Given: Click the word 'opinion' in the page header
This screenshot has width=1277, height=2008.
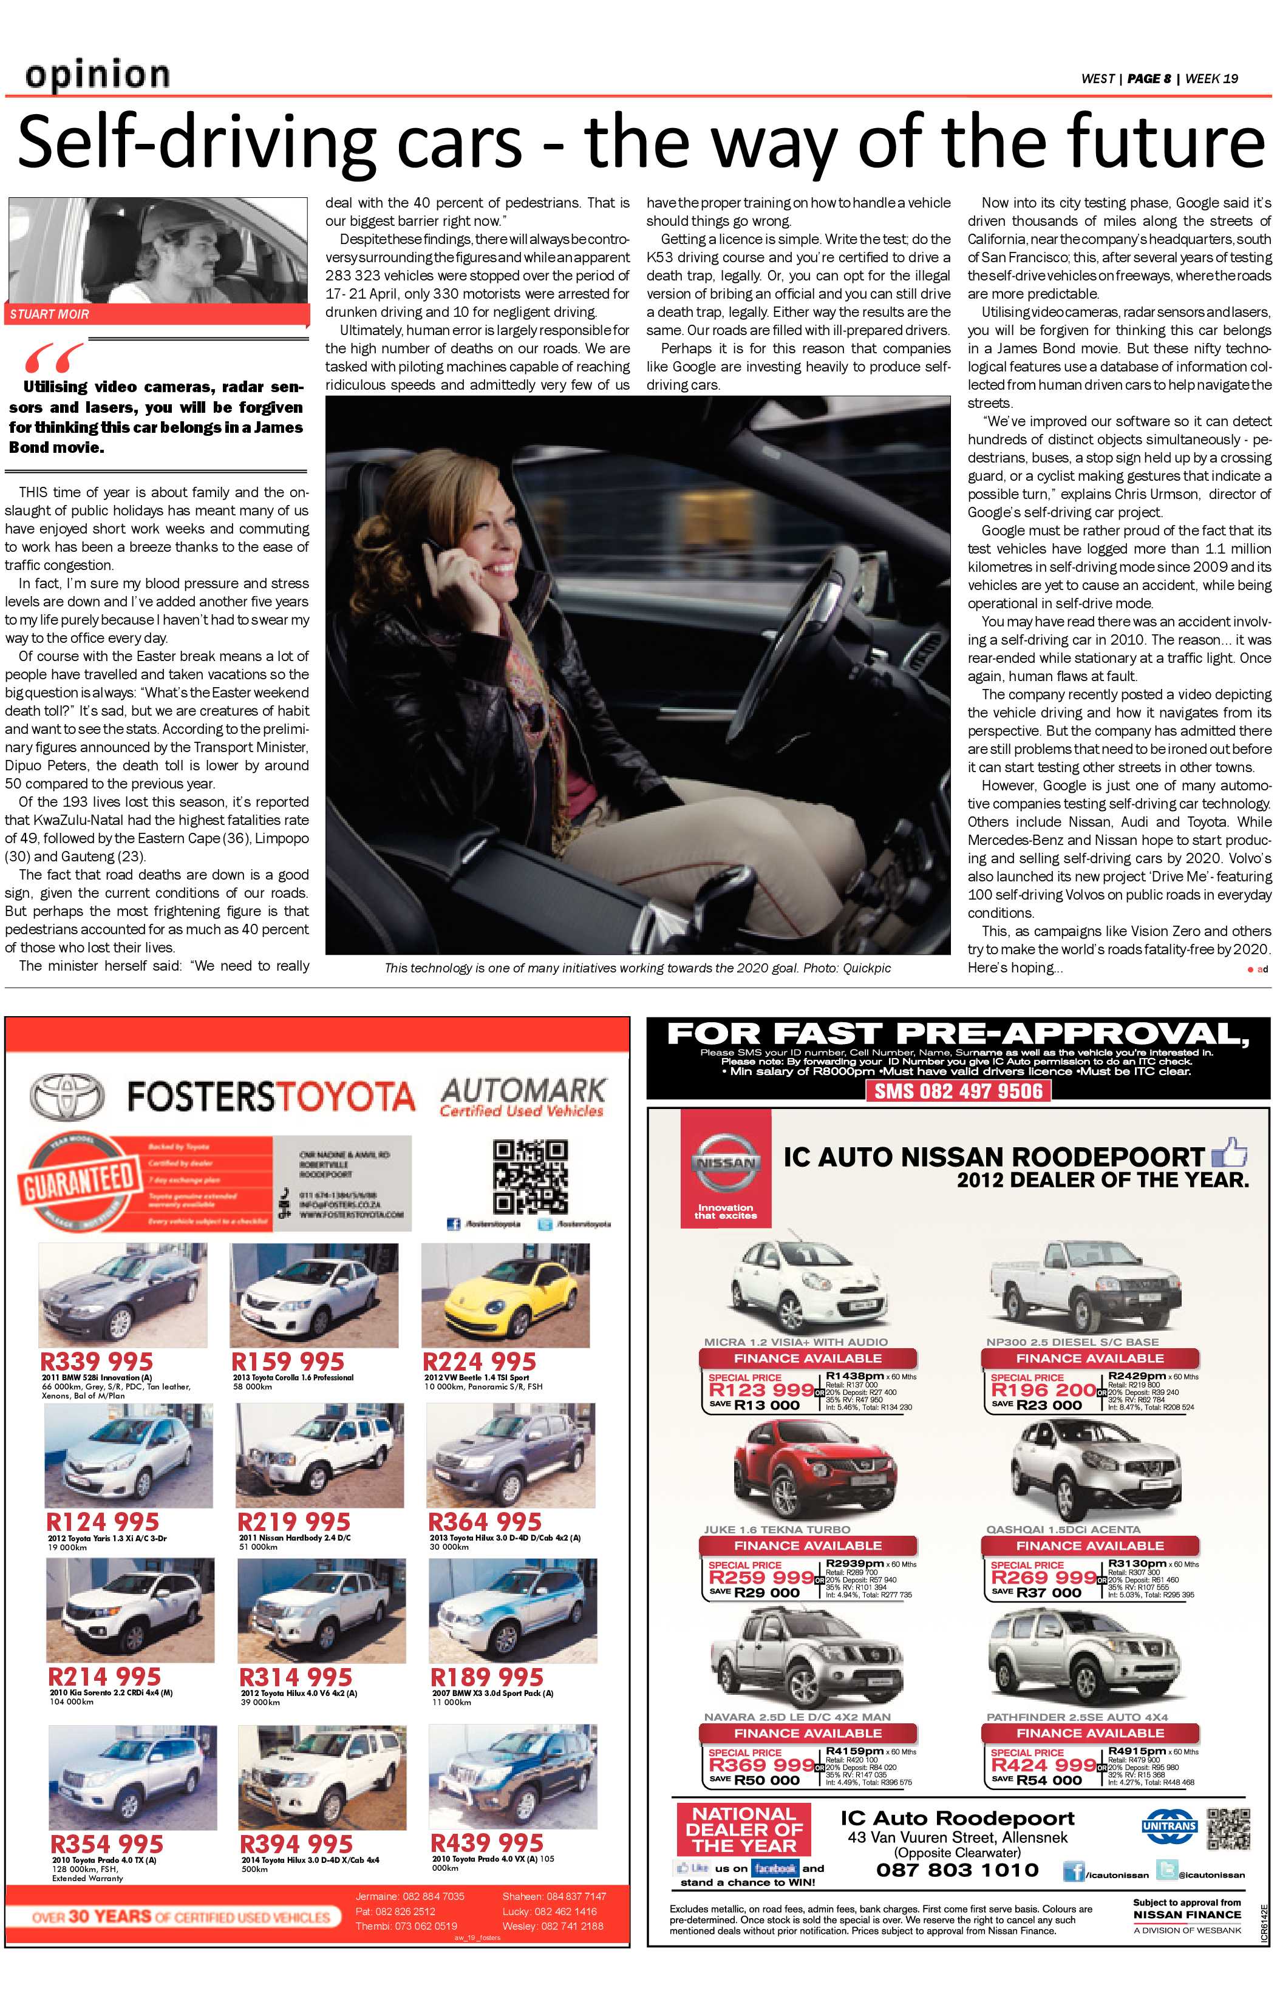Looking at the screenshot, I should click(x=98, y=75).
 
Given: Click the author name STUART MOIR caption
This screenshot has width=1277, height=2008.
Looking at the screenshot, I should click(x=50, y=314).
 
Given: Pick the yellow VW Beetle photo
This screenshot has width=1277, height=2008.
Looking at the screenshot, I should click(x=505, y=1295).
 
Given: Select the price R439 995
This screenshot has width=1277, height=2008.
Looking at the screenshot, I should click(x=487, y=1842).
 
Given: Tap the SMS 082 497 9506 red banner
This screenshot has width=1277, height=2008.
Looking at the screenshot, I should click(x=958, y=1091).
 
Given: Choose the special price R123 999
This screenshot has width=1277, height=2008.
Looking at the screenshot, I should click(x=761, y=1390).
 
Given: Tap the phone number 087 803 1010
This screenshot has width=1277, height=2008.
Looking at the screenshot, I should click(x=957, y=1870).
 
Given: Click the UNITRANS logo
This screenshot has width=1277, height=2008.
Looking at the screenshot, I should click(x=1168, y=1827).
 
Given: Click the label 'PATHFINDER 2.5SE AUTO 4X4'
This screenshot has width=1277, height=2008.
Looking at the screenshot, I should click(x=1076, y=1717).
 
